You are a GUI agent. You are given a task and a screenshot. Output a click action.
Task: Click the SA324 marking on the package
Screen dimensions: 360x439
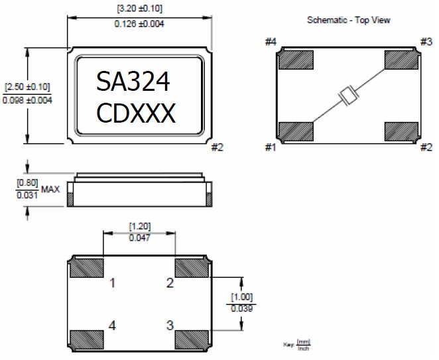[133, 82]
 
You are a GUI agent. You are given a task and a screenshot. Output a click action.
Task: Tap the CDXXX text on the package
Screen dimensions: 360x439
[136, 114]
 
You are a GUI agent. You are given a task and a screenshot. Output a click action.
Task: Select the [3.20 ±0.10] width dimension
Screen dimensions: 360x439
[139, 9]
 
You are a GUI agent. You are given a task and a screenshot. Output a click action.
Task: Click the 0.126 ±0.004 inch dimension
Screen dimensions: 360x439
[140, 24]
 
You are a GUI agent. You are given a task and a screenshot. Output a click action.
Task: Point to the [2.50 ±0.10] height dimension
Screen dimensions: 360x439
[27, 87]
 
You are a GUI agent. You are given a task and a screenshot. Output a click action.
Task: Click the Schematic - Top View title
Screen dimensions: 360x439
[348, 20]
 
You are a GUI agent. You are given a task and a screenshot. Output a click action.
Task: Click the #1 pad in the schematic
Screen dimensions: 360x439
[296, 131]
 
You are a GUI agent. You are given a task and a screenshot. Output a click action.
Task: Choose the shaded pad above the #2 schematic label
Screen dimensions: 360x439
[402, 131]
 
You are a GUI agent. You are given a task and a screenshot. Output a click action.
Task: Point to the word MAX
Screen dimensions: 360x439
[50, 189]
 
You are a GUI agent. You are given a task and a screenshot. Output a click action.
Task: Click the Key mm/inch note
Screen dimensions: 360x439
[296, 345]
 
